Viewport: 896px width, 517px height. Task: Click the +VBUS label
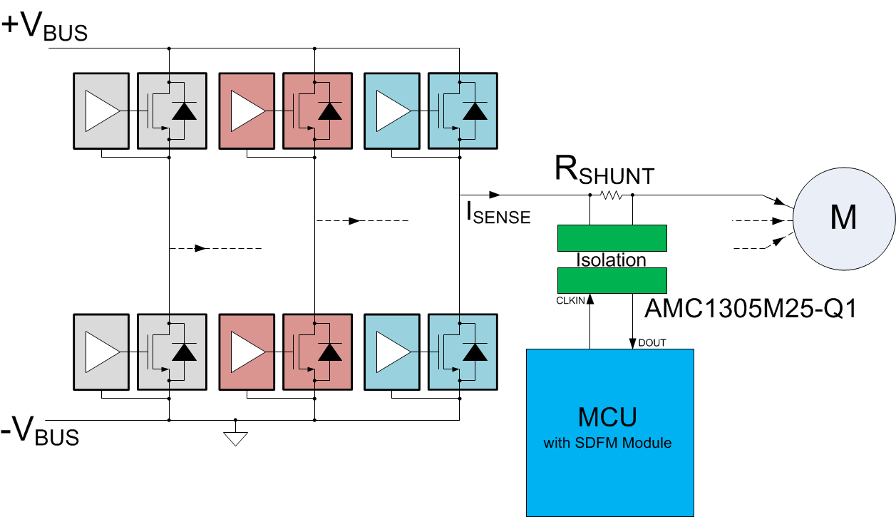(45, 27)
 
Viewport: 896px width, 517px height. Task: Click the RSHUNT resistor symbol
(612, 195)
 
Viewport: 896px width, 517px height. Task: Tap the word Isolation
(611, 260)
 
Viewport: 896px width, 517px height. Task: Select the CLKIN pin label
(570, 301)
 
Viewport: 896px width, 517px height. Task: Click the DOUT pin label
(652, 343)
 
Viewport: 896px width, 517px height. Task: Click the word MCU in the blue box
(608, 416)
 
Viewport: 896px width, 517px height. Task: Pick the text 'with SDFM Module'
(608, 443)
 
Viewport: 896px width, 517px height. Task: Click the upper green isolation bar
(612, 238)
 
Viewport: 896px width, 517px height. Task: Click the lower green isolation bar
(612, 280)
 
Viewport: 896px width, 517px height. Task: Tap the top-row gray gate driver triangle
(101, 111)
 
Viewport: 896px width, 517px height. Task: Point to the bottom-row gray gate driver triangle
(101, 352)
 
